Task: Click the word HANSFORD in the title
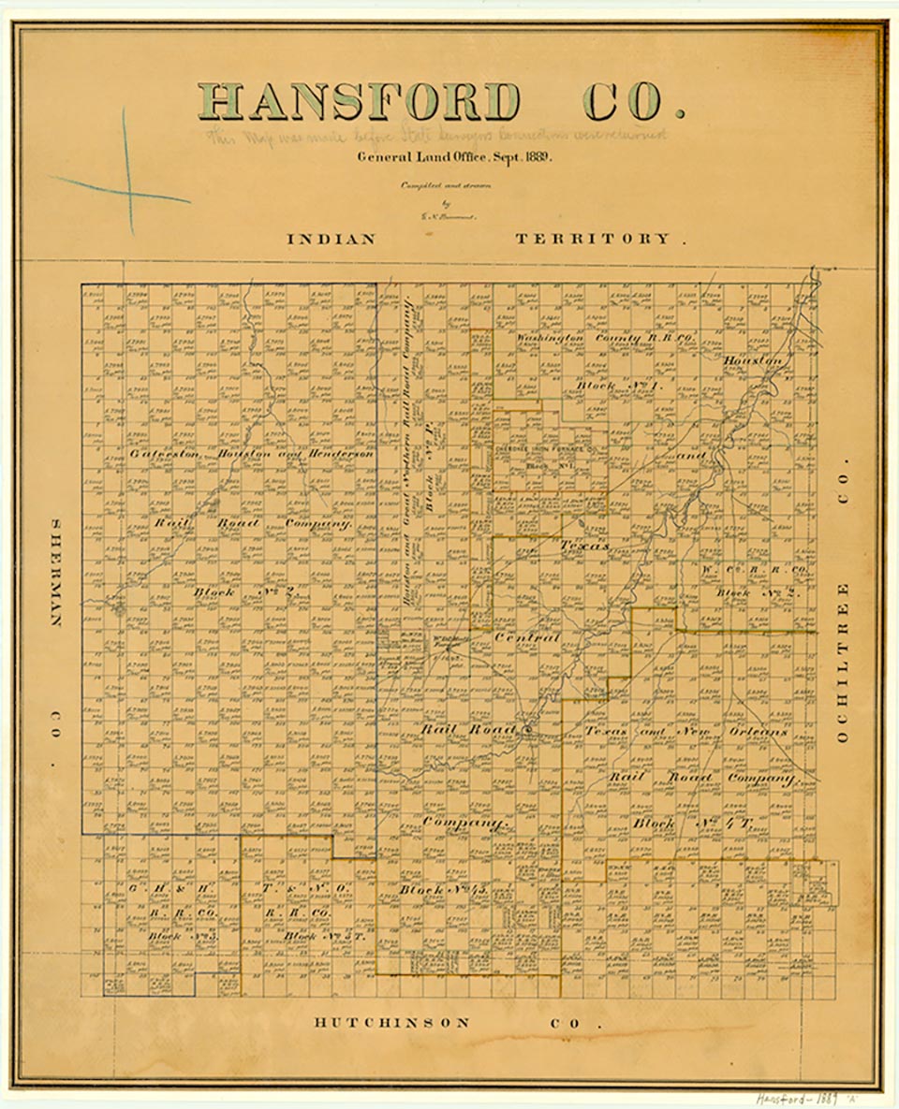point(359,101)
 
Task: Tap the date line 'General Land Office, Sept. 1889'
point(454,156)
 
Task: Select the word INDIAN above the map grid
point(331,240)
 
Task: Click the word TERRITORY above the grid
point(593,240)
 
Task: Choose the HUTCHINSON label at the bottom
point(391,1023)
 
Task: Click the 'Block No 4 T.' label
point(693,824)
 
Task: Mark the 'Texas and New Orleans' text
point(686,731)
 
